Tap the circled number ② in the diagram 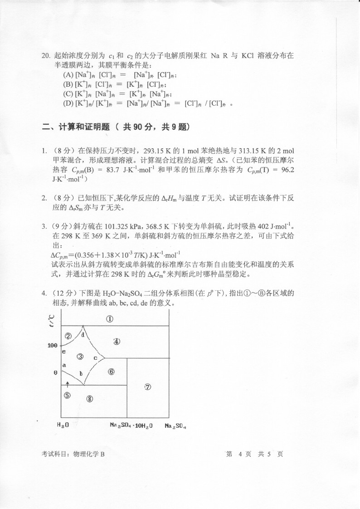pos(68,336)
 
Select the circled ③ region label pos(80,357)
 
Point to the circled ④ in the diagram pos(117,341)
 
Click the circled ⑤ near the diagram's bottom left pos(68,395)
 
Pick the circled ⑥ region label pos(111,372)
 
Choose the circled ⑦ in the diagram pos(147,387)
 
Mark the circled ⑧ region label pos(89,399)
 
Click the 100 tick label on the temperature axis pos(52,345)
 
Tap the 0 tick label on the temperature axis pos(55,372)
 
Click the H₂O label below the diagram pos(63,426)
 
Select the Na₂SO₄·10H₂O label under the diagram pos(131,426)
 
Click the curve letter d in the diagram pos(83,335)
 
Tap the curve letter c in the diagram pos(95,358)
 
